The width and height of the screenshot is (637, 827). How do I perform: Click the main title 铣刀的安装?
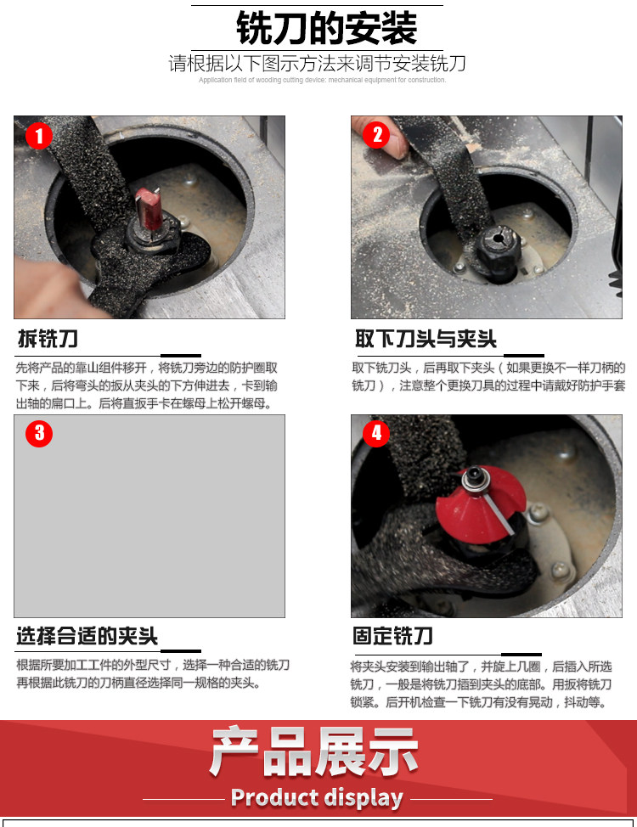click(x=327, y=28)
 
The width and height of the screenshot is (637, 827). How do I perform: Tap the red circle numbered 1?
click(x=39, y=136)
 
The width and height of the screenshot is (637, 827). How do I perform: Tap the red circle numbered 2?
click(x=377, y=135)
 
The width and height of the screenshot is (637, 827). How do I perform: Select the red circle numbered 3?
click(x=39, y=434)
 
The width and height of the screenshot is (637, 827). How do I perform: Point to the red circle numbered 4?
click(x=377, y=434)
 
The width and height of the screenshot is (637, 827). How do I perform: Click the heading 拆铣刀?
click(x=48, y=339)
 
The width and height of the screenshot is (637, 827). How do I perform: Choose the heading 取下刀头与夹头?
click(x=426, y=339)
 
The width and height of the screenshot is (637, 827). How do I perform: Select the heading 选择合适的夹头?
click(x=87, y=636)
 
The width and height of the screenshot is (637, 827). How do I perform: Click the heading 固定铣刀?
click(x=392, y=636)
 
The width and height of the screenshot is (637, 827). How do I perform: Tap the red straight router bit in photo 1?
click(x=149, y=208)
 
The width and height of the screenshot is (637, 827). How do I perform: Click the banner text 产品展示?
click(x=314, y=752)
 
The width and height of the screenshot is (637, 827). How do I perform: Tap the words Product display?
click(x=317, y=798)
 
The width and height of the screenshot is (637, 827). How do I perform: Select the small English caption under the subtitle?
click(x=323, y=80)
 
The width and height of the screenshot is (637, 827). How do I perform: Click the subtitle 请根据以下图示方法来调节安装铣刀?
click(x=318, y=64)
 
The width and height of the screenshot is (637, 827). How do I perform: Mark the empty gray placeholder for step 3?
click(x=149, y=516)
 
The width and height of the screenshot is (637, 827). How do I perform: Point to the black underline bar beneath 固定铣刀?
click(x=521, y=654)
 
